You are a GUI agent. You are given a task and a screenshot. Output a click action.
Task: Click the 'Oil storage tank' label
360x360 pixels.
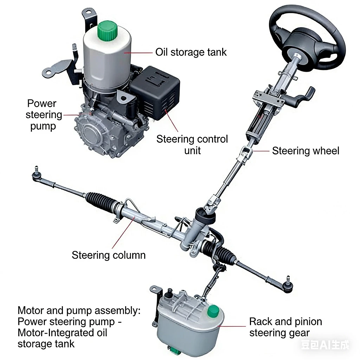pos(191,52)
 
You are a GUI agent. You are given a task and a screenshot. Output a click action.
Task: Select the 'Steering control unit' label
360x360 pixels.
pos(192,144)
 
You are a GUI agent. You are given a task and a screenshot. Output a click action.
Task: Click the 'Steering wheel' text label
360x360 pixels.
pos(306,151)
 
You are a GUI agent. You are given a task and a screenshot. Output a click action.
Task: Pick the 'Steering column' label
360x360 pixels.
pos(109,255)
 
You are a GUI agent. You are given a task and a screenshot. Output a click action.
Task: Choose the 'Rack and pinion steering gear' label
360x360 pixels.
pos(285,327)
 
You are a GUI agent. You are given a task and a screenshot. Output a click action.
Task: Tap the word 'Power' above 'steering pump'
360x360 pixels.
pos(41,104)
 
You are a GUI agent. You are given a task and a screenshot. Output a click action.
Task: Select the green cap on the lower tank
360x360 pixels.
pos(213,311)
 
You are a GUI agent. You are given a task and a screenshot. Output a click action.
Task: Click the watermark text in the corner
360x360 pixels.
pos(325,345)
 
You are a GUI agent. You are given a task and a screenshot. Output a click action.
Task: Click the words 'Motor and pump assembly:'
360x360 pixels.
pos(79,310)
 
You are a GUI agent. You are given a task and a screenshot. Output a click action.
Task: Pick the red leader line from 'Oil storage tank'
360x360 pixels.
pos(138,53)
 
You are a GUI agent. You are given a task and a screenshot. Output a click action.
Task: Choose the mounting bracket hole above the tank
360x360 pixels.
pos(88,13)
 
